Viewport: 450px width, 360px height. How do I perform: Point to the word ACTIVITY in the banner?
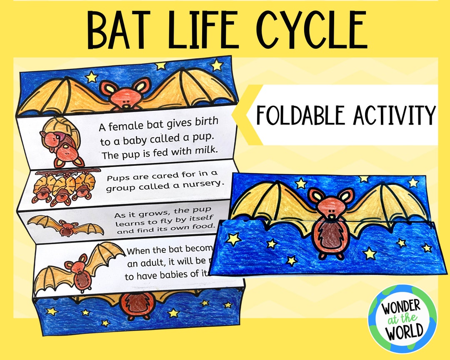pos(394,115)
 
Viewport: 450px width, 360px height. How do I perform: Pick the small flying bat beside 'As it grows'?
pos(65,226)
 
